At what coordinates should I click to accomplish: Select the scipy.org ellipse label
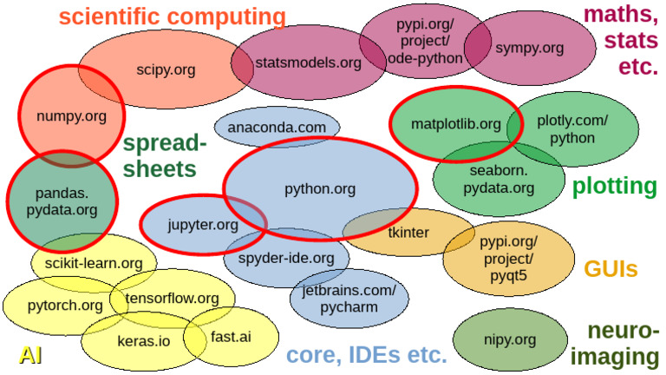tap(166, 69)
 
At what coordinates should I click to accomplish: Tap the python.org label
tap(320, 187)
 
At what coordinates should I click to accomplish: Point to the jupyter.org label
tap(202, 225)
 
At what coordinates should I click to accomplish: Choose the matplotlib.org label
tap(455, 124)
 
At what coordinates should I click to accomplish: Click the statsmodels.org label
tap(308, 62)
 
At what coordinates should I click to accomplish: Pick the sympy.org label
tap(529, 48)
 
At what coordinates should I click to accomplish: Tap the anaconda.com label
tap(277, 128)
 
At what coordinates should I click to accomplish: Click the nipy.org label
tap(510, 339)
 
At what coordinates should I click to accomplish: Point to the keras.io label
tap(143, 341)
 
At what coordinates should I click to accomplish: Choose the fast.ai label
tap(231, 336)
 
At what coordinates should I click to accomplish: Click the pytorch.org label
tap(65, 306)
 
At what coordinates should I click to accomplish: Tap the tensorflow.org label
tap(172, 298)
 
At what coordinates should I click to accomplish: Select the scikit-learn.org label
tap(95, 263)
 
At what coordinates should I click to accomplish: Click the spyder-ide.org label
tap(286, 258)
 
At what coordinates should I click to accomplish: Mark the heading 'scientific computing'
tap(172, 16)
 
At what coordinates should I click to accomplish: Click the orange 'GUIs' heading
tap(610, 269)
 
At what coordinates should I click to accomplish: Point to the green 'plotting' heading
tap(614, 186)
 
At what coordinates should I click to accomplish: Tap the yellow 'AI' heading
tap(31, 354)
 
